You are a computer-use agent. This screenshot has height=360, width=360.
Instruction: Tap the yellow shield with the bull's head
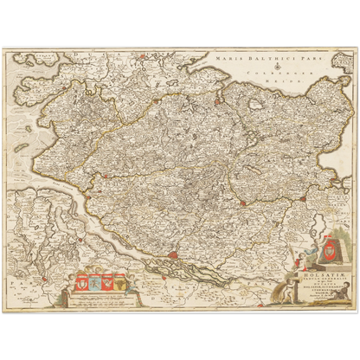pyautogui.click(x=119, y=281)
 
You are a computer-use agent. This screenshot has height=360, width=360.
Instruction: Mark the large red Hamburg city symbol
pyautogui.click(x=174, y=255)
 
